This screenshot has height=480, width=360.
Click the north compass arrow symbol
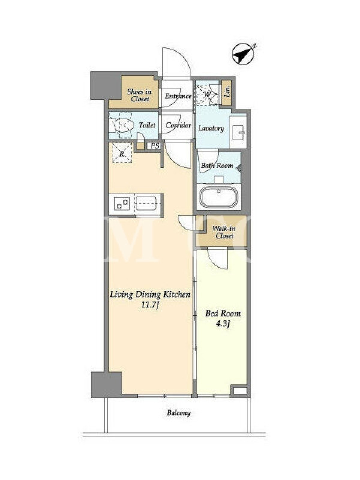point(244,53)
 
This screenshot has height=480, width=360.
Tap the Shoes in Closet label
point(140,95)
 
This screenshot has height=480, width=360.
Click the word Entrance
point(178,96)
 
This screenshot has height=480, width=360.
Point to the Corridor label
point(178,125)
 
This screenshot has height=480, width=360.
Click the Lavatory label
point(211,128)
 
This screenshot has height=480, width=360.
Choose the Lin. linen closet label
point(227,92)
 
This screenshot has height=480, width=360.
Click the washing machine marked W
point(207,95)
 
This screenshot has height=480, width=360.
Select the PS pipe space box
point(155,146)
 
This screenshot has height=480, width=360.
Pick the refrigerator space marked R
point(122,153)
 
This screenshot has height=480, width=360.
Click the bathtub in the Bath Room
point(218,197)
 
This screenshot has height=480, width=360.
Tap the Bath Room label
point(217,166)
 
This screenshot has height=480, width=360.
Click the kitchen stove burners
point(122,203)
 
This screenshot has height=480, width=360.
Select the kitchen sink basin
point(146,203)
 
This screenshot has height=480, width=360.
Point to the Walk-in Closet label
point(224,232)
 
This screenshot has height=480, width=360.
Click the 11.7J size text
point(150,305)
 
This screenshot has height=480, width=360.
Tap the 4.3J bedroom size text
point(223,324)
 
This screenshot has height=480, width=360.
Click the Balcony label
point(179,413)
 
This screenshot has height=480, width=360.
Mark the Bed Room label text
point(223,313)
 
